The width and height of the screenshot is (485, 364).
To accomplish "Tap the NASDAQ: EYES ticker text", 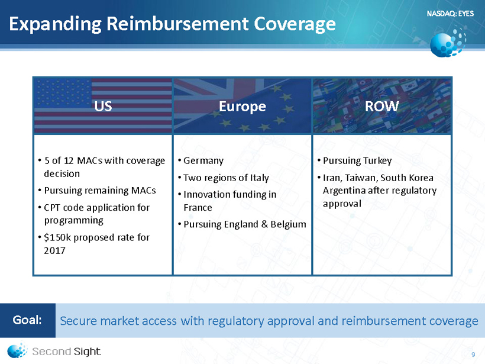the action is tap(450, 13).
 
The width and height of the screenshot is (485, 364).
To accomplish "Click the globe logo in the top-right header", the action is tap(448, 43).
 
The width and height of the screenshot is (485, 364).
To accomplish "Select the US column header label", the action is tap(103, 106).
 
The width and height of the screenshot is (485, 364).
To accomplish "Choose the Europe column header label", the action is tap(242, 107).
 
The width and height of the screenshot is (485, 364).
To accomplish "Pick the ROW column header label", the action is tap(381, 106).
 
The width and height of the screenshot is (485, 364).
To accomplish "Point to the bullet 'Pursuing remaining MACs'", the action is tap(100, 191).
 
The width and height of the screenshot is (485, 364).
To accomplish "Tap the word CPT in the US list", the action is tap(52, 207).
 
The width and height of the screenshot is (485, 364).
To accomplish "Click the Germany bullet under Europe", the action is tap(203, 161).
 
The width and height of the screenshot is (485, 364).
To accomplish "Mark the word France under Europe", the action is tap(198, 207).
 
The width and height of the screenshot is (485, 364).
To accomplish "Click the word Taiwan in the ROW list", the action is tap(361, 178).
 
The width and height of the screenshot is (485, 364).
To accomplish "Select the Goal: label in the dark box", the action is tap(27, 320).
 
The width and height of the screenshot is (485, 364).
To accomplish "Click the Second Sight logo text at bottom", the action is tap(66, 352).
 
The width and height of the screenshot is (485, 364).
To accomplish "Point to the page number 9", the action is tap(473, 355).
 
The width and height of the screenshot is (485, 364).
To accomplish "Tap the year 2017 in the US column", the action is tap(54, 250).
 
